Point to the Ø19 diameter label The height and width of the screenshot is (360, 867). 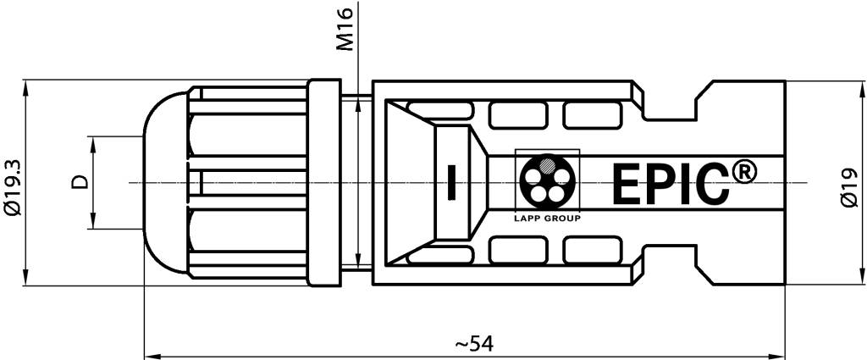coord(852,186)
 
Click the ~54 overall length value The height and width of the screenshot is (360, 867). coord(474,344)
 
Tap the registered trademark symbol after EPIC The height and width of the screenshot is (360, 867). coord(743,172)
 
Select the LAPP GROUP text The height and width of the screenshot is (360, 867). coord(547,217)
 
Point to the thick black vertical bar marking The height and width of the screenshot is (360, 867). coord(450,182)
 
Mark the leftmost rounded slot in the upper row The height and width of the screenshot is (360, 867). coord(439,108)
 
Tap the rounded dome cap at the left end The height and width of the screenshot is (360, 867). coord(165,182)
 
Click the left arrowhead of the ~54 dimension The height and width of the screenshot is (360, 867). coord(150,353)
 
